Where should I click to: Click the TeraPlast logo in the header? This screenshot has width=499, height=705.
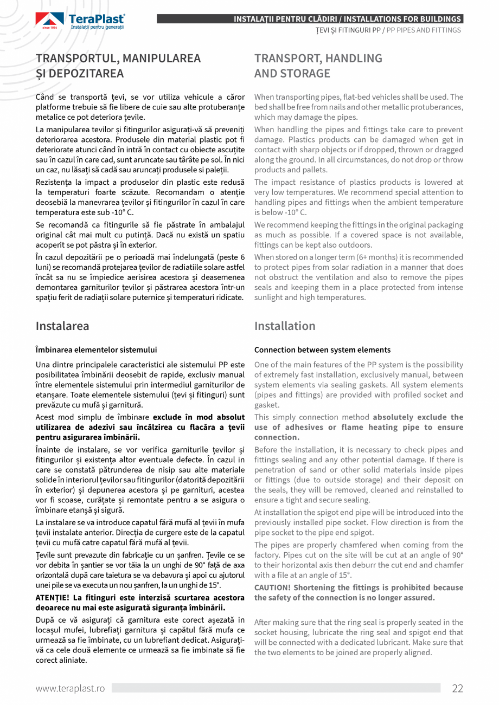pos(80,20)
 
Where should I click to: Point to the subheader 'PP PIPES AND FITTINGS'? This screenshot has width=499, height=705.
pos(423,30)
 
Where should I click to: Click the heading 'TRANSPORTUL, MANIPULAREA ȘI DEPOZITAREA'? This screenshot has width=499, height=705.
pos(118,66)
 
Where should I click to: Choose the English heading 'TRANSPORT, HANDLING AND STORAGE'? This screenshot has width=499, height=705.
pos(318,66)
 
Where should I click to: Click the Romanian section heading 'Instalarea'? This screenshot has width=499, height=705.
pos(62,326)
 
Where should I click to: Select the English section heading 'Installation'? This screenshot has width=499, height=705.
pos(285,326)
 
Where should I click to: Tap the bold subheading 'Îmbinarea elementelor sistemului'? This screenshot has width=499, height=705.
pos(96,350)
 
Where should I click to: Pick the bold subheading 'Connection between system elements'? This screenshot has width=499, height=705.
pos(322,350)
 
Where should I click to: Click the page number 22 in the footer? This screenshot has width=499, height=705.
pos(457,688)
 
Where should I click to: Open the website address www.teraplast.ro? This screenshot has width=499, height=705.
pos(70,688)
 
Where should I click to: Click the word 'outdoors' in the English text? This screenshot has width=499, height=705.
pos(344,245)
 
